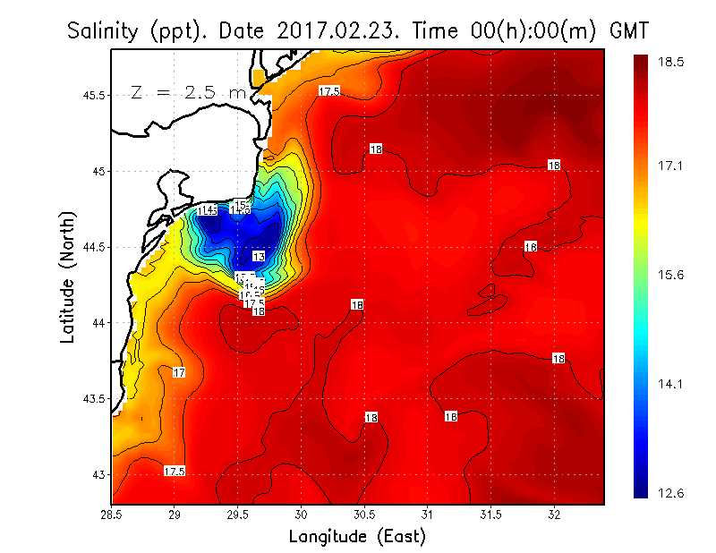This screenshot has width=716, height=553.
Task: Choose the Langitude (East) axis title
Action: coord(357,536)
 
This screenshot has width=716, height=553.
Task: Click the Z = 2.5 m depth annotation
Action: coord(189,92)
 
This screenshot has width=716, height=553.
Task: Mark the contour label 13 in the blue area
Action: coord(258,257)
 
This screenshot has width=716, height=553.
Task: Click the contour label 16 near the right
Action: coord(530,246)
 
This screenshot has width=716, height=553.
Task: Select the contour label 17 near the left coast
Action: coord(179,372)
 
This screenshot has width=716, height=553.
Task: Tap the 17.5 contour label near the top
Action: coord(329,91)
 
